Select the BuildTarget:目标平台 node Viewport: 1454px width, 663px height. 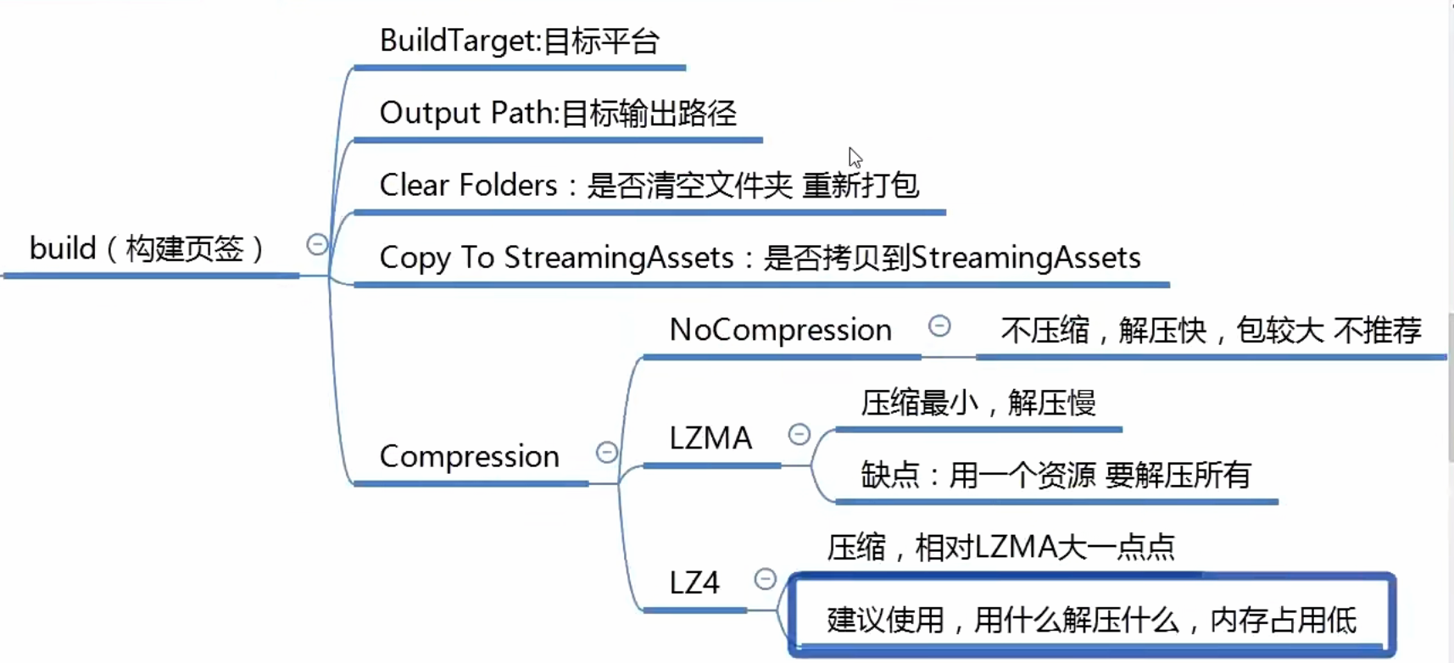coord(519,41)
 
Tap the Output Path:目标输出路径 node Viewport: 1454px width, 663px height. coord(558,113)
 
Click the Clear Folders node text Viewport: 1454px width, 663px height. coord(649,185)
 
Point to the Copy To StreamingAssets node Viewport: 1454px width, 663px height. coord(760,258)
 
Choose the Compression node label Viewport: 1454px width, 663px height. coord(469,456)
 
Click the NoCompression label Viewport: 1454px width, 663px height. coord(780,330)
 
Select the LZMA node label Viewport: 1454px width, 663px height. coord(710,438)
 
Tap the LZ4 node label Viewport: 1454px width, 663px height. coord(694,582)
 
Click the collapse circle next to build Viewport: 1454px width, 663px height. coord(317,245)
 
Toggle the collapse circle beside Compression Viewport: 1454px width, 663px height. coord(607,452)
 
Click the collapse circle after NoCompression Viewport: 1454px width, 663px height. coord(939,326)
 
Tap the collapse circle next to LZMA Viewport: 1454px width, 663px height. coord(799,434)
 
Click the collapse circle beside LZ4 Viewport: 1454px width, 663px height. coord(766,578)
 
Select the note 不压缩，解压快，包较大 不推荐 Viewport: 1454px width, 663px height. coord(1211,330)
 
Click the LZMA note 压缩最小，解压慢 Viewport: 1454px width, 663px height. coord(978,403)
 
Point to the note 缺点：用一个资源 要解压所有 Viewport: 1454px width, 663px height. coord(1056,475)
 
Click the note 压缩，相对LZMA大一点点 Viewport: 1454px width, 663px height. coord(1000,547)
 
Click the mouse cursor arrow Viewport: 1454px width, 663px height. coord(855,158)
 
